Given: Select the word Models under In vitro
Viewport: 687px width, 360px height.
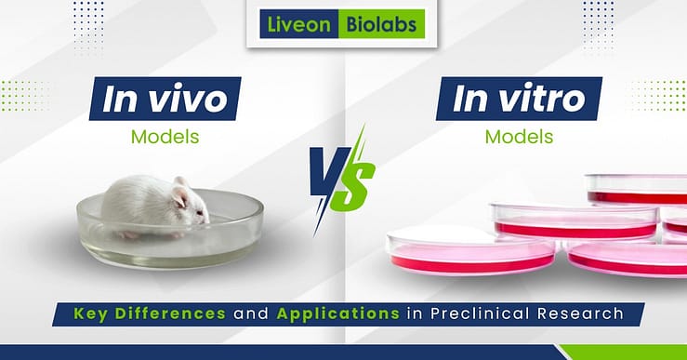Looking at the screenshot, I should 519,136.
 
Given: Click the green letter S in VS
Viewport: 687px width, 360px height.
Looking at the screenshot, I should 359,178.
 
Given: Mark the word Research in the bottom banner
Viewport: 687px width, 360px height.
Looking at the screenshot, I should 576,313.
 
